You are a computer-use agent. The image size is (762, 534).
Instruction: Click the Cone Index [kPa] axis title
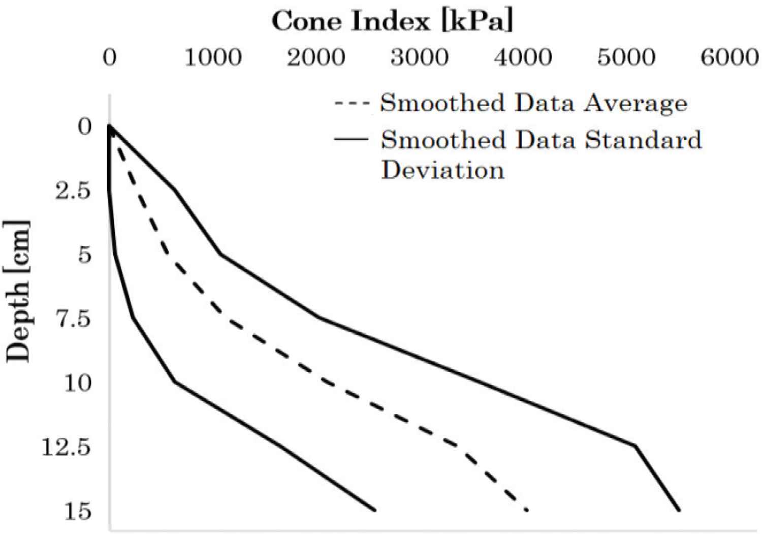[x=392, y=21]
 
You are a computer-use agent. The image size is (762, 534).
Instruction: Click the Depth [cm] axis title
[x=18, y=291]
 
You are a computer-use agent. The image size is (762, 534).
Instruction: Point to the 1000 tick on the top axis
[x=213, y=57]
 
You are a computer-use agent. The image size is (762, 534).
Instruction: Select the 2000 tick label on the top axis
[x=316, y=57]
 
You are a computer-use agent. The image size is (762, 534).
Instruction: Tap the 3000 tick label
[x=420, y=57]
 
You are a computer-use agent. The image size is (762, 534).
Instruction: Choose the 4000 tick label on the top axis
[x=523, y=57]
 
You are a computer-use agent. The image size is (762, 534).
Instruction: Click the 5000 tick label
[x=626, y=57]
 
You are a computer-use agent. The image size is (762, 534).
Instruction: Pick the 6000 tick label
[x=730, y=57]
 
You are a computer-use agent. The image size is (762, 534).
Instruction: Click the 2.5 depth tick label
[x=73, y=191]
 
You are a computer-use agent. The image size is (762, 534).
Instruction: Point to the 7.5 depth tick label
[x=73, y=319]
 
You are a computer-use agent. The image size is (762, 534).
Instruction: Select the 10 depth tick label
[x=78, y=383]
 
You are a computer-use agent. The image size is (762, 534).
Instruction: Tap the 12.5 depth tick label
[x=67, y=447]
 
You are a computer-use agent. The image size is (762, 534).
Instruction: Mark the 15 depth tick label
[x=78, y=511]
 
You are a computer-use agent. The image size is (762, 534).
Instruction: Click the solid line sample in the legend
[x=351, y=139]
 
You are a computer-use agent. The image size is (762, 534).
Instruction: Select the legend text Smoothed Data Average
[x=533, y=103]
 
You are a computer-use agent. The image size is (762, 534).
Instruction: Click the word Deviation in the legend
[x=443, y=170]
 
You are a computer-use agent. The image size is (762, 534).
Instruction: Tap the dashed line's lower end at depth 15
[x=527, y=510]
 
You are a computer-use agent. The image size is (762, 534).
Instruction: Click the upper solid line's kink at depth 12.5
[x=635, y=446]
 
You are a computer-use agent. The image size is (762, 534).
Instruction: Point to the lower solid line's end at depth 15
[x=374, y=510]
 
